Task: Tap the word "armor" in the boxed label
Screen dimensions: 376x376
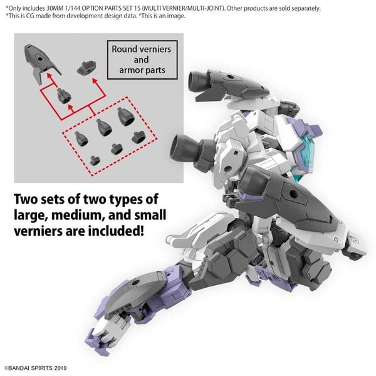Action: [x=131, y=70]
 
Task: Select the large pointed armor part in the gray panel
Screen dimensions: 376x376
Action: [x=41, y=62]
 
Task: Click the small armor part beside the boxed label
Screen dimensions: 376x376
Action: [x=86, y=68]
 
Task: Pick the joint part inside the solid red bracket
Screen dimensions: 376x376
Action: [x=64, y=96]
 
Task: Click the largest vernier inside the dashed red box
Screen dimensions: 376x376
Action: [x=126, y=117]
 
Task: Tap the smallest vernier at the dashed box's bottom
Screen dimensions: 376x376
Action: [x=95, y=160]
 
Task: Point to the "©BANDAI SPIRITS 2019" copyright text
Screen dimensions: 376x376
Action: [x=36, y=368]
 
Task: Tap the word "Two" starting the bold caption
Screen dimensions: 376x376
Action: [x=26, y=199]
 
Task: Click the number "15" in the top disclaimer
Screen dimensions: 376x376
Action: [x=137, y=8]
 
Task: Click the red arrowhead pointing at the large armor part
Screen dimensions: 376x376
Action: [x=50, y=76]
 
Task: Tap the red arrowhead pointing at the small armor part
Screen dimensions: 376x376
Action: [x=95, y=81]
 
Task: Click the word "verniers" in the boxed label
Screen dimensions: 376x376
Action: [x=155, y=49]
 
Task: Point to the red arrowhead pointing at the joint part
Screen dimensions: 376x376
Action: [x=70, y=107]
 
